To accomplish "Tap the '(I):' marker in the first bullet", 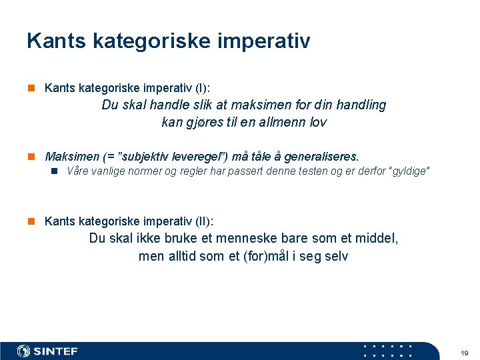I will click(201, 88).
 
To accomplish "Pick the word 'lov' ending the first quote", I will click(318, 122).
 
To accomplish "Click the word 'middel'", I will click(378, 239).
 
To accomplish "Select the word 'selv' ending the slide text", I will click(335, 256).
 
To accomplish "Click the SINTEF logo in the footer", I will click(47, 351).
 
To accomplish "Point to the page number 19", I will click(464, 351).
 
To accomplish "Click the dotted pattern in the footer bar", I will click(387, 351).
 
